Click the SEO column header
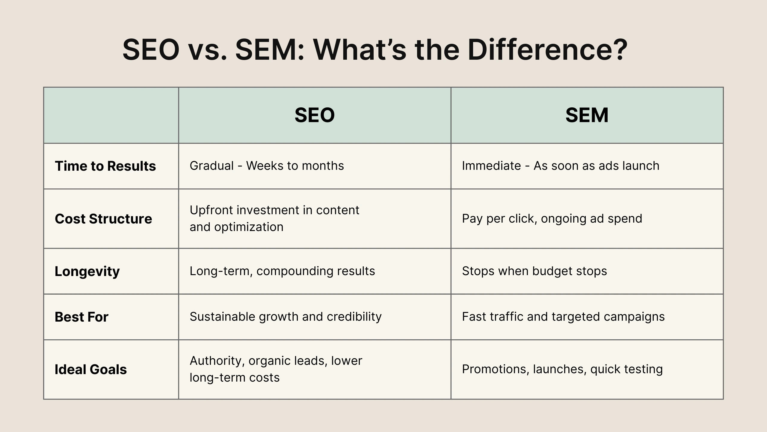coord(315,115)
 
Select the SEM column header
coord(587,115)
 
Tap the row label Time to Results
coord(105,166)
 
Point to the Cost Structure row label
coord(103,219)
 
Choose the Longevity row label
coord(87,271)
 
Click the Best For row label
coord(81,317)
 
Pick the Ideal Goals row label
coord(91,370)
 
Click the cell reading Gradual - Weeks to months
coord(267,166)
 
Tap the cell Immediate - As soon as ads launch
coord(561,166)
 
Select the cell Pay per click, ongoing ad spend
coord(552,219)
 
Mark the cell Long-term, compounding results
coord(282,271)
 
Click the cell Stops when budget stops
coord(534,271)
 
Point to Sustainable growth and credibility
coord(286,317)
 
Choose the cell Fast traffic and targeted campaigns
coord(563,317)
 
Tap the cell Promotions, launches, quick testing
coord(562,369)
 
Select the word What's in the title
coord(360,49)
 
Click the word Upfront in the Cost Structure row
coord(211,210)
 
